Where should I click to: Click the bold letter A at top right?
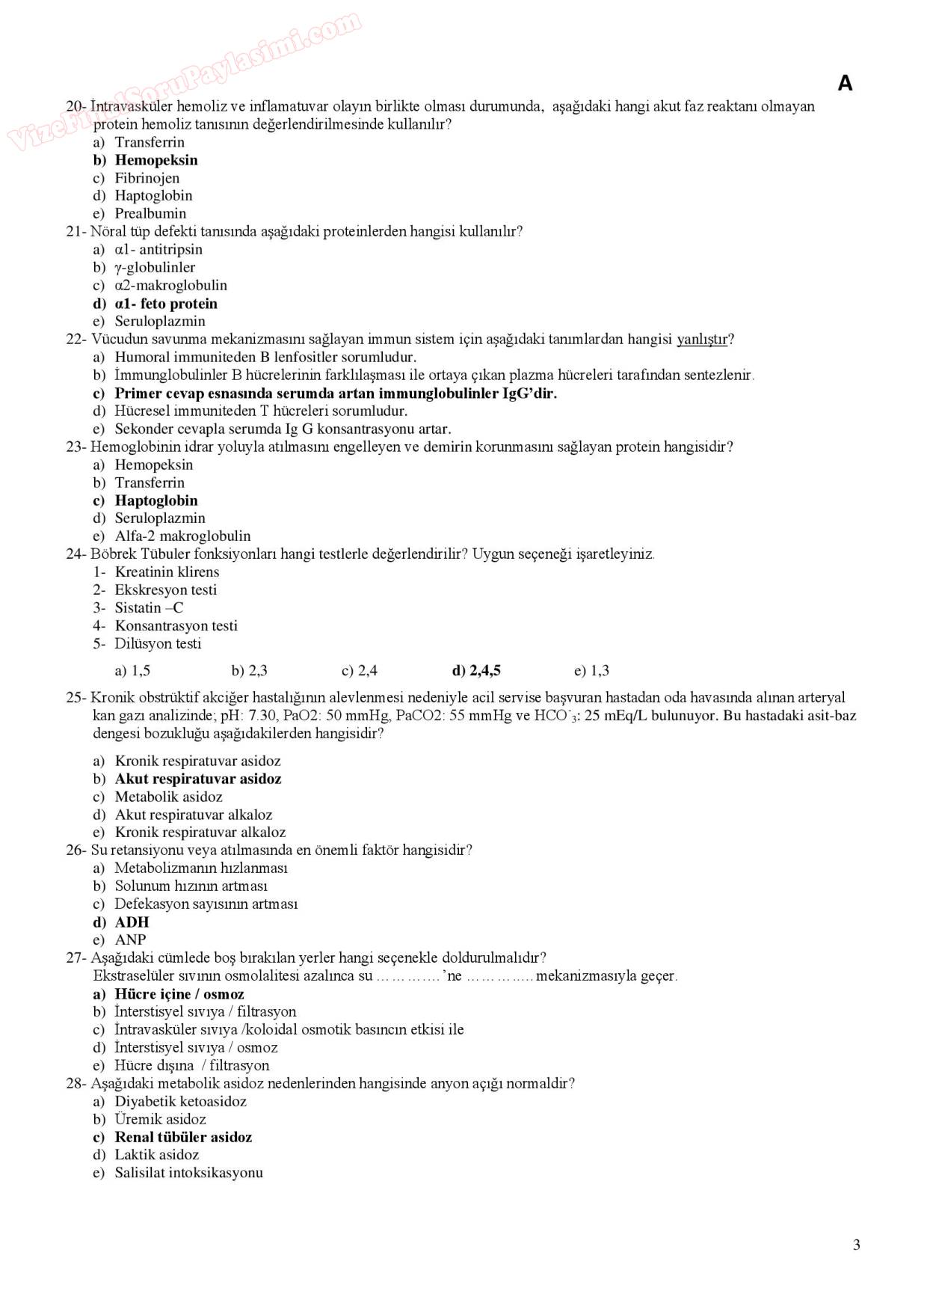click(x=845, y=83)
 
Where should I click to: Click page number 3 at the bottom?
click(x=856, y=1245)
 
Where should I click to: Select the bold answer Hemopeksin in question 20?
click(x=155, y=160)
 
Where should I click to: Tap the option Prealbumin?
click(x=150, y=213)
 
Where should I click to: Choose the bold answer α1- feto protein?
click(x=165, y=304)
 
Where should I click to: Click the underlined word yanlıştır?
click(x=701, y=340)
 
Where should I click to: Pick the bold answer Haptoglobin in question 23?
click(x=155, y=500)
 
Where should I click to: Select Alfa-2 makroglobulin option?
click(x=182, y=536)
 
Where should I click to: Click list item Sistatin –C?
click(x=148, y=608)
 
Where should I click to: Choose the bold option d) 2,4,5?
click(x=476, y=671)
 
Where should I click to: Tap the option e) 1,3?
click(x=591, y=671)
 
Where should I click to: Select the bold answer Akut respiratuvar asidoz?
click(x=197, y=779)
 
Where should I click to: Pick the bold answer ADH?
click(x=132, y=922)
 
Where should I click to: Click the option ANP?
click(x=130, y=940)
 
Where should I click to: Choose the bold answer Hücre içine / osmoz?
click(x=179, y=994)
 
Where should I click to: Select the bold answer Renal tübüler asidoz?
click(x=182, y=1138)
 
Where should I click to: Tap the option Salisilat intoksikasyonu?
click(x=188, y=1173)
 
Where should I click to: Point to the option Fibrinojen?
click(x=147, y=178)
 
